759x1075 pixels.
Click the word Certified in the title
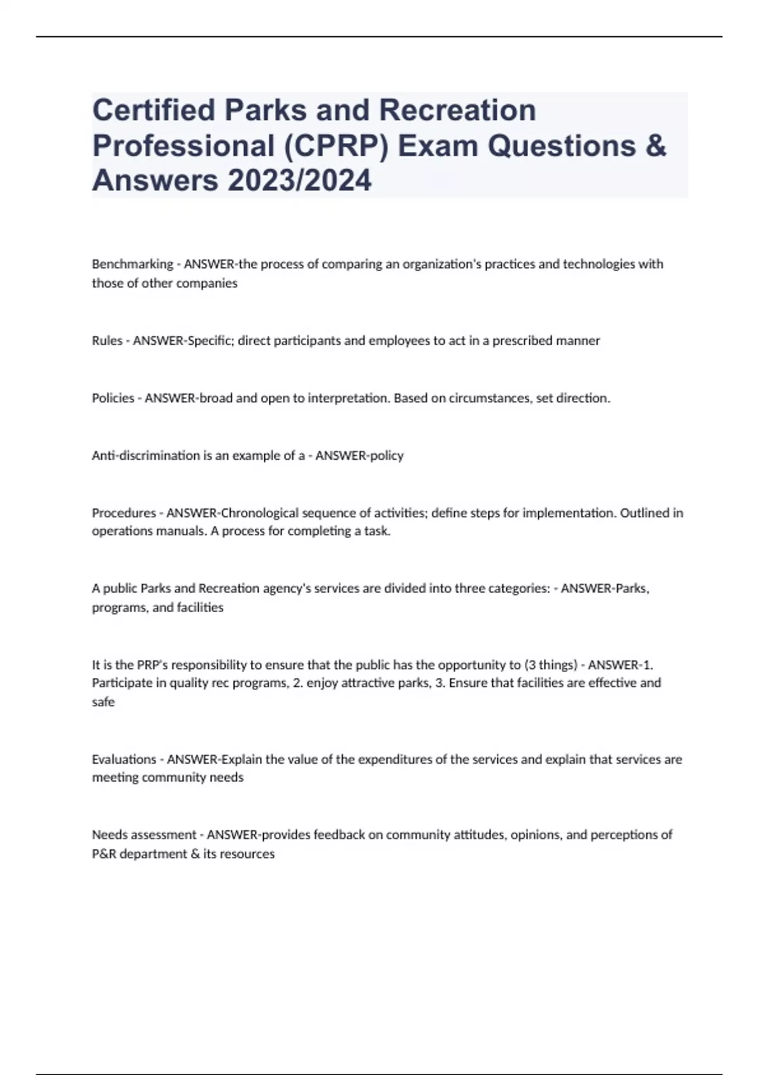point(154,110)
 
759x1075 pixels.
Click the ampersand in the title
point(657,145)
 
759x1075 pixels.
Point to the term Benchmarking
point(132,264)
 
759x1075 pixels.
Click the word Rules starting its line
point(107,341)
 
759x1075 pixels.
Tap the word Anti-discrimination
point(145,456)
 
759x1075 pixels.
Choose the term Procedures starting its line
point(123,513)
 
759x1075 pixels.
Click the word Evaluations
point(124,759)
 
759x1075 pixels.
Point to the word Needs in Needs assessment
point(109,835)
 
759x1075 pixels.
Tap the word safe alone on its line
point(103,702)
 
